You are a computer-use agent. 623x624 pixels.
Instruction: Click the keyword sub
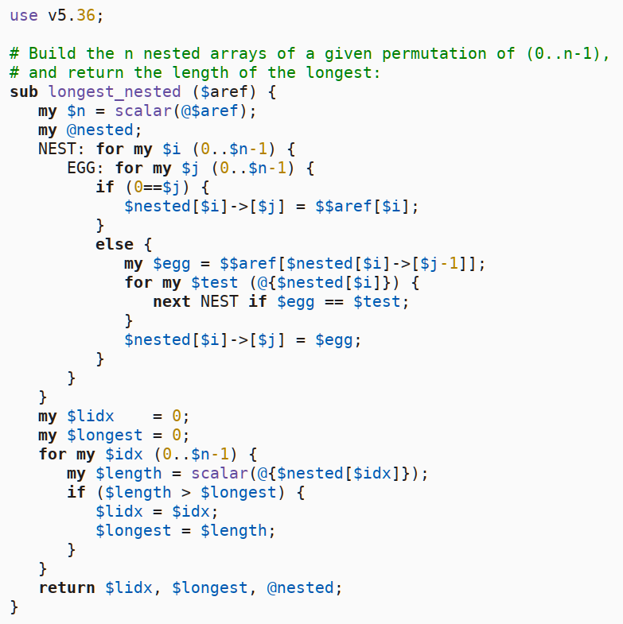(24, 91)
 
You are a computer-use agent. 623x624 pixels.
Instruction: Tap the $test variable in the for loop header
(215, 282)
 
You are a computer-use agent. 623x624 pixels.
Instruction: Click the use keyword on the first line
(24, 15)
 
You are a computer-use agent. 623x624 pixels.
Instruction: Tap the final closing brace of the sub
(14, 607)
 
